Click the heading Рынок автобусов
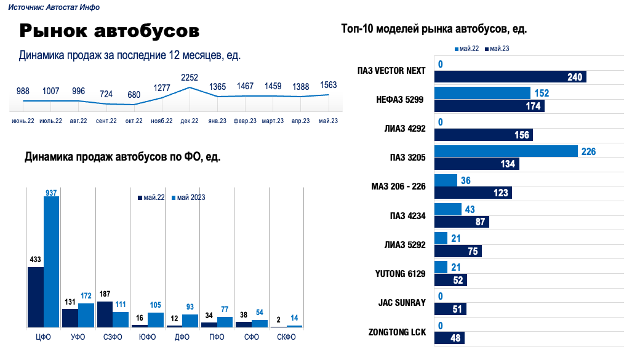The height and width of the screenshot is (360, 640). coord(110,30)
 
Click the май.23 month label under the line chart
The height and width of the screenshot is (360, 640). coord(328,121)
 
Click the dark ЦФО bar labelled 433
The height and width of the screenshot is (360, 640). coord(35,297)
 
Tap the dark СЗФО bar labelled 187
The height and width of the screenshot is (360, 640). coord(105,314)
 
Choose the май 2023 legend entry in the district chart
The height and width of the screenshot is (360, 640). coord(191,198)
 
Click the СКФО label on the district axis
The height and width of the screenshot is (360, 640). coord(286,337)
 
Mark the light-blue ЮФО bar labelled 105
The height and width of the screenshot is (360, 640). coord(156,319)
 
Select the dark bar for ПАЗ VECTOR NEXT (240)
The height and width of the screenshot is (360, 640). coord(510,77)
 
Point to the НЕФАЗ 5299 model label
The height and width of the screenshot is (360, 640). coord(400,99)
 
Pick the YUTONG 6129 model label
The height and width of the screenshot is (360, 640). coord(401,273)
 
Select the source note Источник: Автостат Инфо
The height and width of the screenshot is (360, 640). coord(54,7)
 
